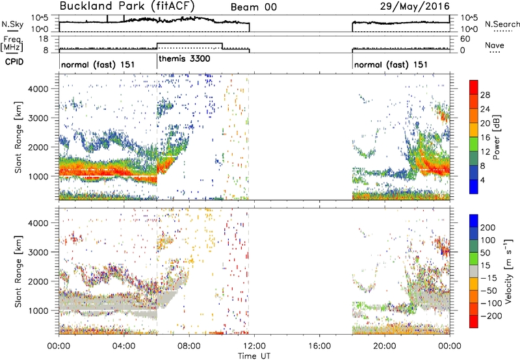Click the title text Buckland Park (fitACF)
tap(127, 6)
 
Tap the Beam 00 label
tap(253, 7)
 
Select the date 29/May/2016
tap(415, 6)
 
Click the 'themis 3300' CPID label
tap(185, 58)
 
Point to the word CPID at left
tap(14, 62)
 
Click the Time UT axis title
tap(254, 355)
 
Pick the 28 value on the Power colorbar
tap(485, 95)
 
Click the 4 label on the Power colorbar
tap(482, 180)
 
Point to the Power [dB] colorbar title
tap(496, 137)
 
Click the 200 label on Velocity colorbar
tap(488, 227)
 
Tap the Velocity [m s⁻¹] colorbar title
tap(508, 271)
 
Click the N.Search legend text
tap(502, 24)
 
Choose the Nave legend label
tap(495, 45)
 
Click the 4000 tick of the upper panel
tap(38, 89)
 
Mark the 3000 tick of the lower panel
tap(38, 252)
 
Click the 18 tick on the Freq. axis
tap(43, 39)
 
